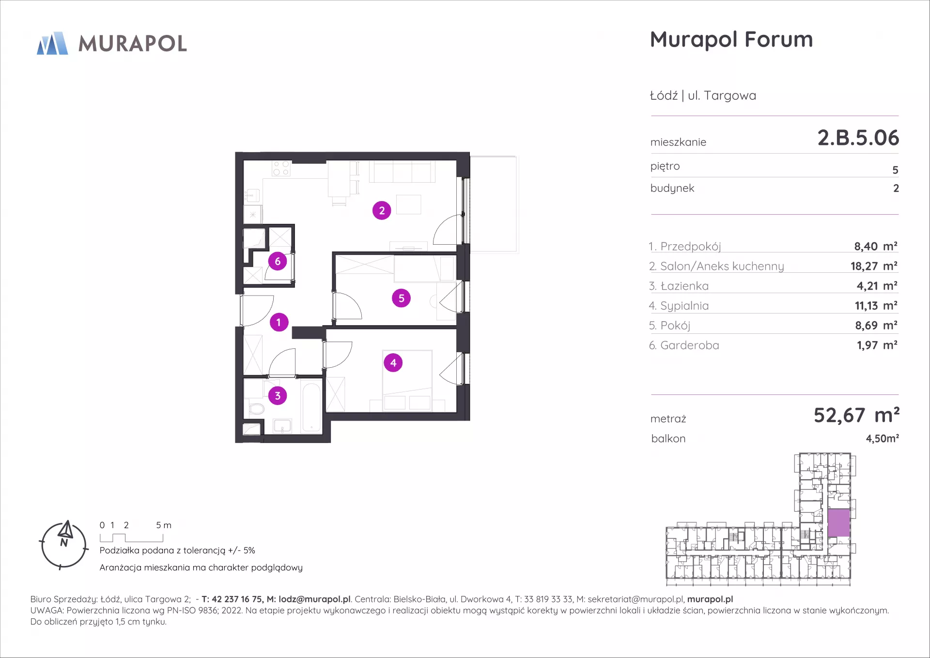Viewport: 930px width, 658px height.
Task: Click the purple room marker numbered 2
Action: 382,210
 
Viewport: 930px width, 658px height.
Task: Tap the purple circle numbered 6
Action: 278,262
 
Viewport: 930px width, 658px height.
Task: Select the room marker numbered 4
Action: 393,362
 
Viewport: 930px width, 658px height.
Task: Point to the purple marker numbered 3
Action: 278,395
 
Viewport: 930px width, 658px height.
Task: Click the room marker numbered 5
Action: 401,298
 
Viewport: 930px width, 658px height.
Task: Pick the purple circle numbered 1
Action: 279,322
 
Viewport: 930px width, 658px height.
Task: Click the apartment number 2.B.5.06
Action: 858,138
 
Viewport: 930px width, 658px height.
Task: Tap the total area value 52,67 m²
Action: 856,415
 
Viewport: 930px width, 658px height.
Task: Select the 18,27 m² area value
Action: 874,266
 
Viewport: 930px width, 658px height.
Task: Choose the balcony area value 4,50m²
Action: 882,439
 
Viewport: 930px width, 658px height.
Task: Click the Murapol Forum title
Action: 731,39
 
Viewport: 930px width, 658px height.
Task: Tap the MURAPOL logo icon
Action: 52,43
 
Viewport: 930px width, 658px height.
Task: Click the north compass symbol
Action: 64,545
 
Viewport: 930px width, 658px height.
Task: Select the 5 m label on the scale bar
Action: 164,525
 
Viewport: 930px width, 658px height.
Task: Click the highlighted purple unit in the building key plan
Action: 838,523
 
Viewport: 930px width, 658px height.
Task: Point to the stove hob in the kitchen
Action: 281,168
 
